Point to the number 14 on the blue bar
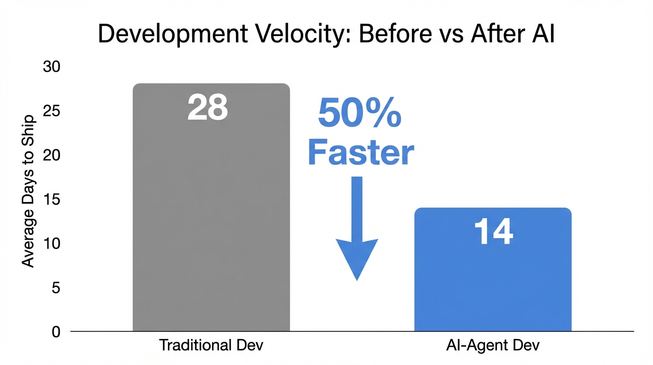494,232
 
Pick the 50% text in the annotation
359,114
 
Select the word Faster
361,153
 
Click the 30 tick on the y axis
52,67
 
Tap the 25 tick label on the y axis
52,111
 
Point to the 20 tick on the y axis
52,155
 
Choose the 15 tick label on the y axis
52,200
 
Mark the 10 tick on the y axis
52,244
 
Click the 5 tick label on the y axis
56,288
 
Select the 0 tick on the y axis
56,332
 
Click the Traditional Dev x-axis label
211,346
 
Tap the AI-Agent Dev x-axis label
493,346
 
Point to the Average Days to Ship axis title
28,191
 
